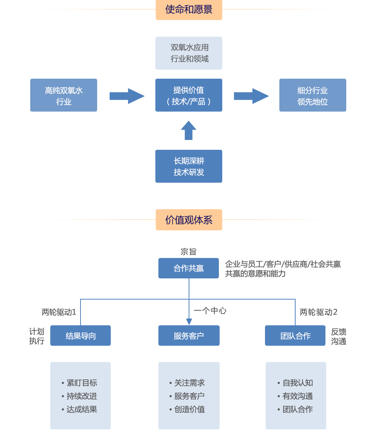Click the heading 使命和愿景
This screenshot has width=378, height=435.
(x=189, y=10)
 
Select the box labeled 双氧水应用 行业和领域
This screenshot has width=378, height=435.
(x=189, y=53)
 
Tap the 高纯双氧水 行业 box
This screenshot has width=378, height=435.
(x=64, y=95)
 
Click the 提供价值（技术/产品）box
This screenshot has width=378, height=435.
(x=189, y=95)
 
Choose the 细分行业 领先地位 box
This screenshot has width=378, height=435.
(x=313, y=95)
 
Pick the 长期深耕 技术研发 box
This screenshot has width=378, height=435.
(x=189, y=166)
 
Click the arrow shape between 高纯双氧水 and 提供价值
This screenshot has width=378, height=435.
(x=126, y=96)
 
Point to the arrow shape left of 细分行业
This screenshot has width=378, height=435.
(x=251, y=96)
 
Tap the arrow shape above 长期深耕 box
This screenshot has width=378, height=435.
(x=189, y=129)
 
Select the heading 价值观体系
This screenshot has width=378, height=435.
(x=189, y=220)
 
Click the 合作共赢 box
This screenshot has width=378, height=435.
(x=189, y=268)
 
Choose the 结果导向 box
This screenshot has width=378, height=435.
(x=81, y=336)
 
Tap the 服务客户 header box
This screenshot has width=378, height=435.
(x=189, y=336)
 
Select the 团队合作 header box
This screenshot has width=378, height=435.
(x=295, y=336)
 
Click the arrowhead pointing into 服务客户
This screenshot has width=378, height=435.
(x=189, y=322)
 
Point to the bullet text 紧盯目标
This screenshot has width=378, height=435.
(x=82, y=383)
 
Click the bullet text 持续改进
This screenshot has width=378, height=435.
(x=82, y=396)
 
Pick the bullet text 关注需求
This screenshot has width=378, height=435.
(x=189, y=383)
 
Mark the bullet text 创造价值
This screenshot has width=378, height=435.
(x=189, y=409)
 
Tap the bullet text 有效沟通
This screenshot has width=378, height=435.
(x=297, y=396)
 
